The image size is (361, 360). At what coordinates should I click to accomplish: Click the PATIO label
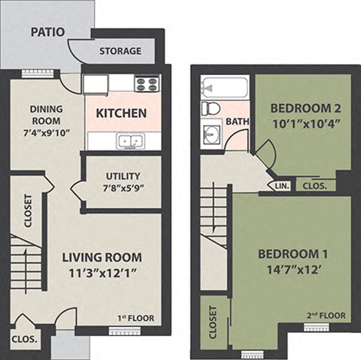(47, 32)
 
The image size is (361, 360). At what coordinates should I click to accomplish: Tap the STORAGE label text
(120, 51)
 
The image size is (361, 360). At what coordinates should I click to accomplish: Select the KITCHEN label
(120, 114)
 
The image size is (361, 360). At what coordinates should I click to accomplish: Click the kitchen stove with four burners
(146, 83)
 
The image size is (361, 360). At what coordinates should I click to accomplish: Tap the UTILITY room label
(122, 177)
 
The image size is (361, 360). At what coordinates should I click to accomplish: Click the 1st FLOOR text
(135, 319)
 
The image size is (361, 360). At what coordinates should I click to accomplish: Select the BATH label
(238, 121)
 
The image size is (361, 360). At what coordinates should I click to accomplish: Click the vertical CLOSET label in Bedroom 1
(212, 322)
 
